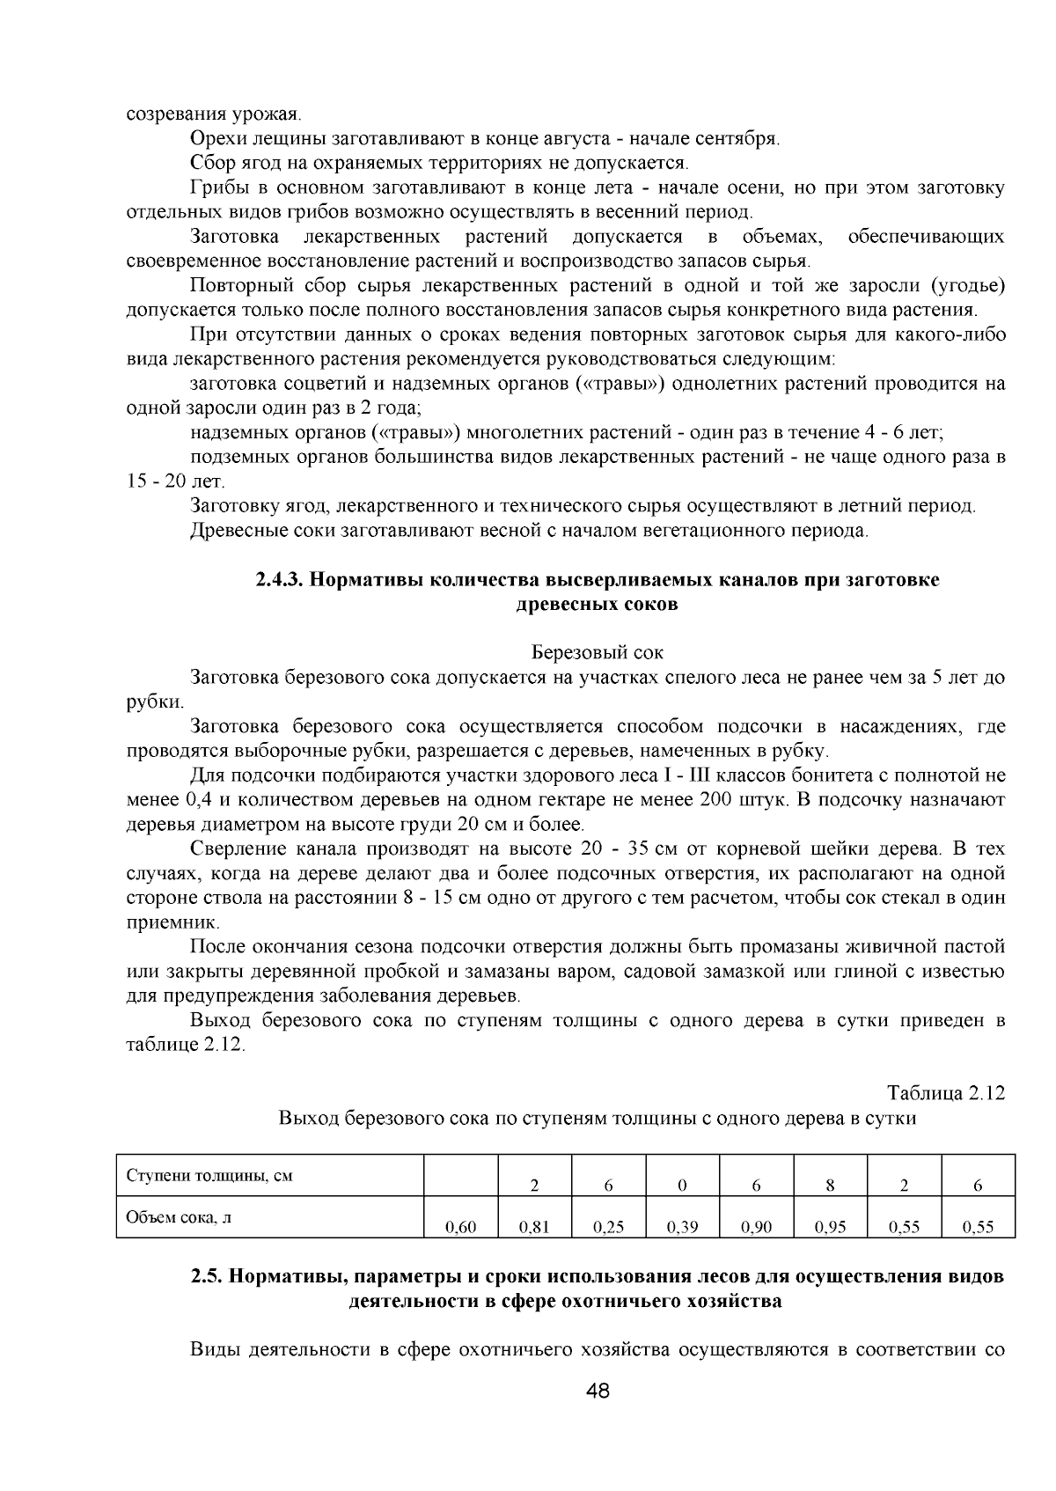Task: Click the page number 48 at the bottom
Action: pos(598,1392)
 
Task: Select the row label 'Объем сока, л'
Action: pos(180,1218)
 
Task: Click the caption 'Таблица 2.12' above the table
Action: pos(945,1093)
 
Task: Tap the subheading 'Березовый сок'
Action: pos(598,653)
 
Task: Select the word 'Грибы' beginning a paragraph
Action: pos(214,188)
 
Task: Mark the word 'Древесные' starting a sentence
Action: pos(231,531)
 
